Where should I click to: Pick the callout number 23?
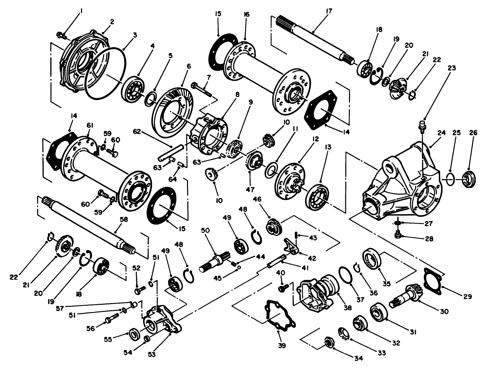[x=452, y=68]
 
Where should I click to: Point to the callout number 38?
[x=348, y=308]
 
